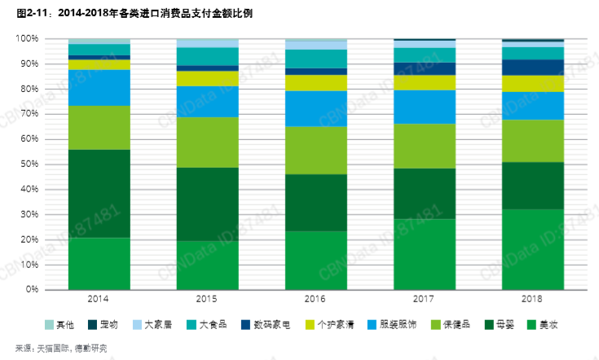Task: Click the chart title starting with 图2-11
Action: pyautogui.click(x=122, y=12)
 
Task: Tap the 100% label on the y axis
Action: pyautogui.click(x=26, y=39)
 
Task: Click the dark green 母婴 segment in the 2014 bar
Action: pyautogui.click(x=99, y=194)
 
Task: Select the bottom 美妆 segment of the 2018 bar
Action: pyautogui.click(x=533, y=249)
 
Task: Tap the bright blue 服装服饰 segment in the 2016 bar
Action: pyautogui.click(x=316, y=108)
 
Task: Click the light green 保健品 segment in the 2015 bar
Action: pyautogui.click(x=208, y=143)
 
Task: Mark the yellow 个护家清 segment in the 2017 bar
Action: pyautogui.click(x=425, y=82)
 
